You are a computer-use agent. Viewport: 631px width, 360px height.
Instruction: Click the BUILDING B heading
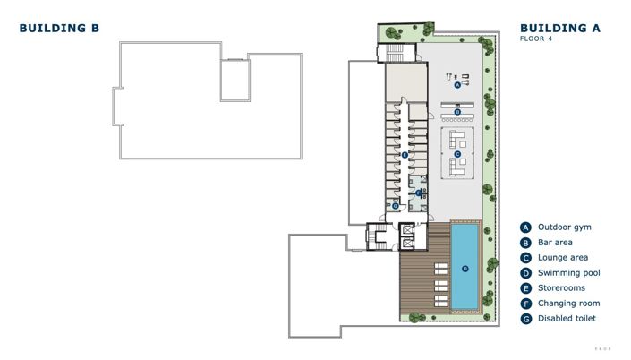pyautogui.click(x=59, y=29)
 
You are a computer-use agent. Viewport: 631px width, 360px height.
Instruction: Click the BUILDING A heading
pyautogui.click(x=559, y=29)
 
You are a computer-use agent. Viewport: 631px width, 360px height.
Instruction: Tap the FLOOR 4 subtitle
pyautogui.click(x=539, y=39)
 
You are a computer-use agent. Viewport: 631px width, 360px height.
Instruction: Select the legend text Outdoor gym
pyautogui.click(x=564, y=227)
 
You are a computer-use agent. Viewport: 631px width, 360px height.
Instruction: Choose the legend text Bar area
pyautogui.click(x=556, y=243)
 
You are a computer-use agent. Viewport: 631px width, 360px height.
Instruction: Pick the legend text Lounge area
pyautogui.click(x=562, y=258)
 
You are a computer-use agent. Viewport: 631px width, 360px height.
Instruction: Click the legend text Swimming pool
pyautogui.click(x=568, y=273)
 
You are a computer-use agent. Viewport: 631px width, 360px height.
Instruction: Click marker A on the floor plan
pyautogui.click(x=457, y=86)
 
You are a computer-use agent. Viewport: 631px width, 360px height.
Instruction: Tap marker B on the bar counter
pyautogui.click(x=457, y=112)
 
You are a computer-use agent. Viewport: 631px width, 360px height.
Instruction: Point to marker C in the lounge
pyautogui.click(x=457, y=154)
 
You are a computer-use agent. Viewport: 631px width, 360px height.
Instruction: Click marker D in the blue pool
pyautogui.click(x=465, y=268)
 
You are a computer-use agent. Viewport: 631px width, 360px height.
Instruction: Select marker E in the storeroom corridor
pyautogui.click(x=405, y=155)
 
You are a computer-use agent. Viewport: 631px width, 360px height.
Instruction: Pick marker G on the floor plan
pyautogui.click(x=395, y=205)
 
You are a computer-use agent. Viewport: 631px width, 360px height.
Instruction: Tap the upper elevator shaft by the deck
pyautogui.click(x=409, y=229)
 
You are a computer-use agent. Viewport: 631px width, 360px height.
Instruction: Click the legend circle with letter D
pyautogui.click(x=526, y=273)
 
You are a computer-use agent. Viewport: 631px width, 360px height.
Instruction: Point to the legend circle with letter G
pyautogui.click(x=526, y=319)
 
